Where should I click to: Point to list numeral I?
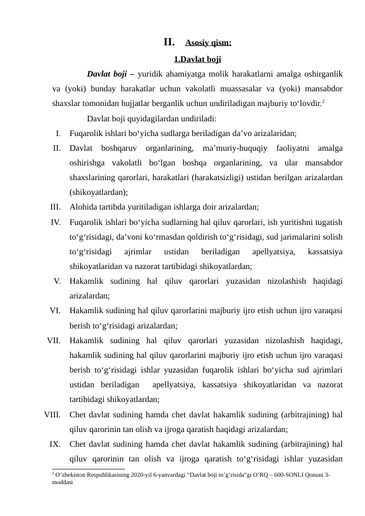tap(57, 133)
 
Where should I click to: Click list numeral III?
tap(55, 207)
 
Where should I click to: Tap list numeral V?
tap(56, 281)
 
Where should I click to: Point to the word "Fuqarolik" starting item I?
tap(88, 133)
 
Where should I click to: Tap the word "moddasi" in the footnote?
tap(63, 482)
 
